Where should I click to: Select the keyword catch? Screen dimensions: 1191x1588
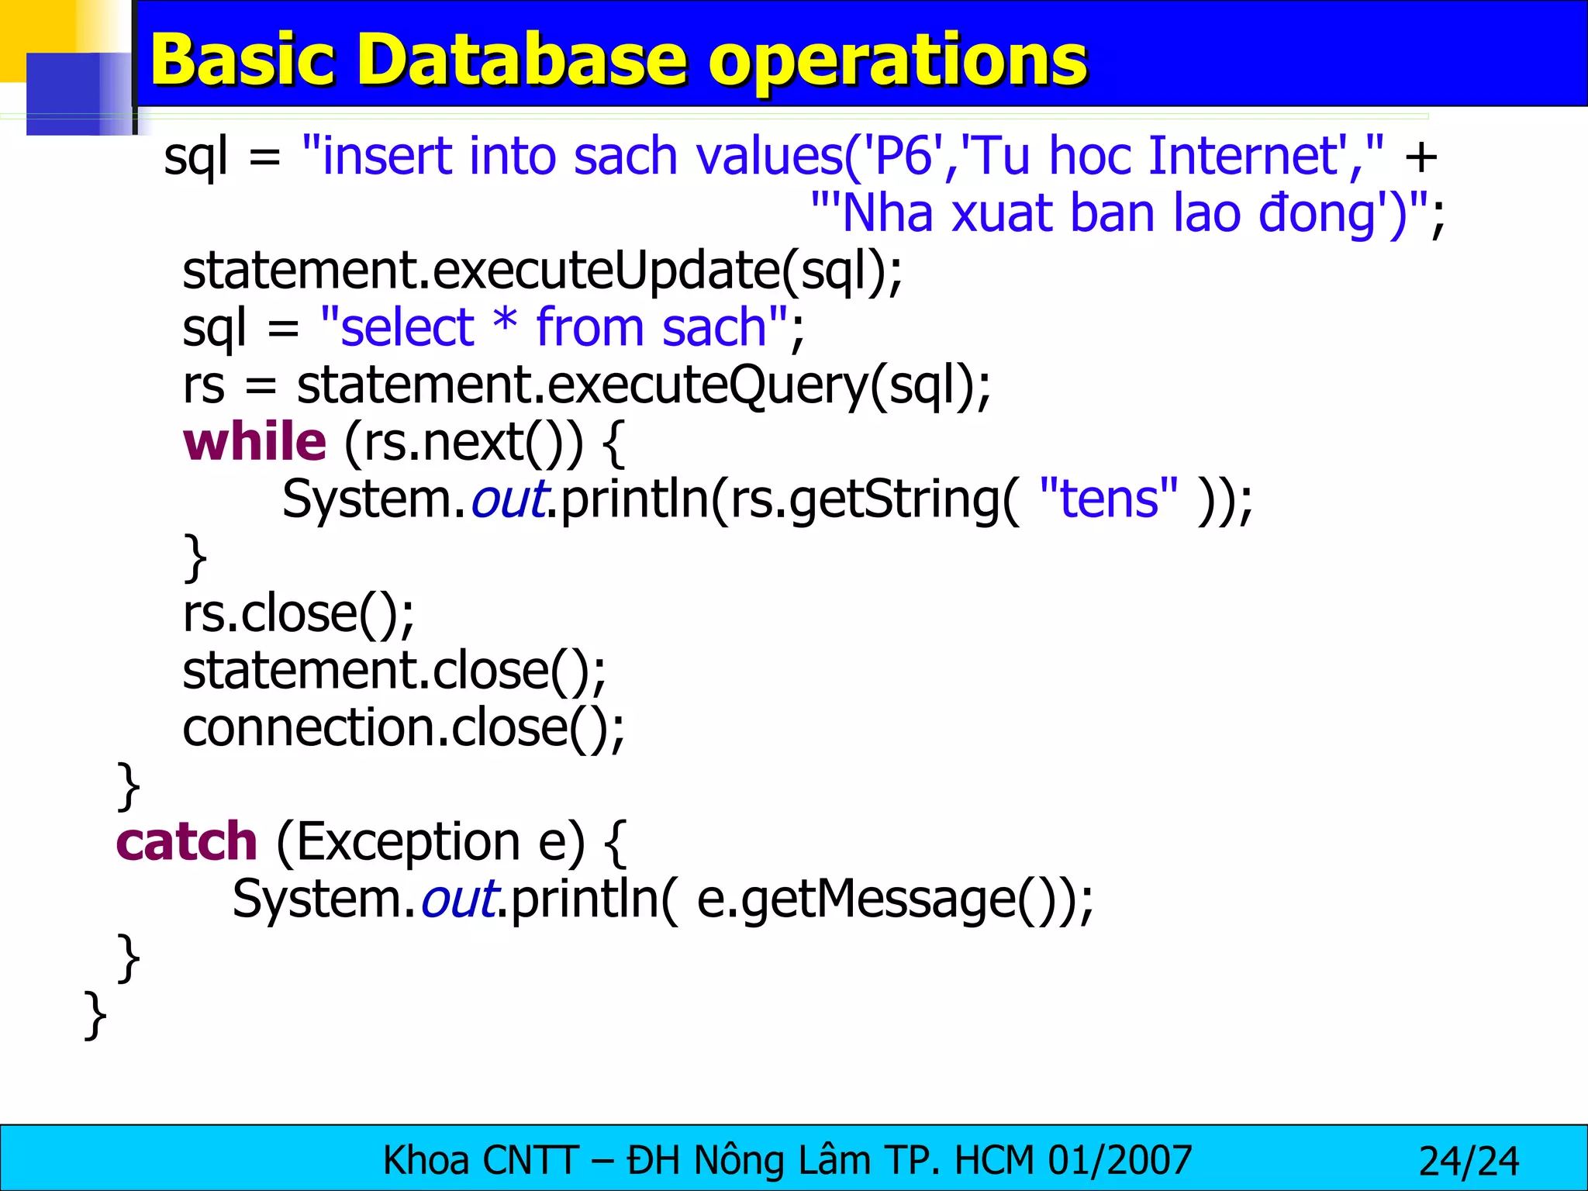(x=186, y=842)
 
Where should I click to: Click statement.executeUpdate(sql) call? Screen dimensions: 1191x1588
(x=543, y=271)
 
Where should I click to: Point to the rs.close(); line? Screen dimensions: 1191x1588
(x=299, y=613)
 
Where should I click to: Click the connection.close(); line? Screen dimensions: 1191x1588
(x=403, y=728)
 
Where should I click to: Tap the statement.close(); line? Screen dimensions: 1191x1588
(x=394, y=671)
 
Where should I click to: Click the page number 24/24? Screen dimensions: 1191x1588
(x=1468, y=1161)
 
